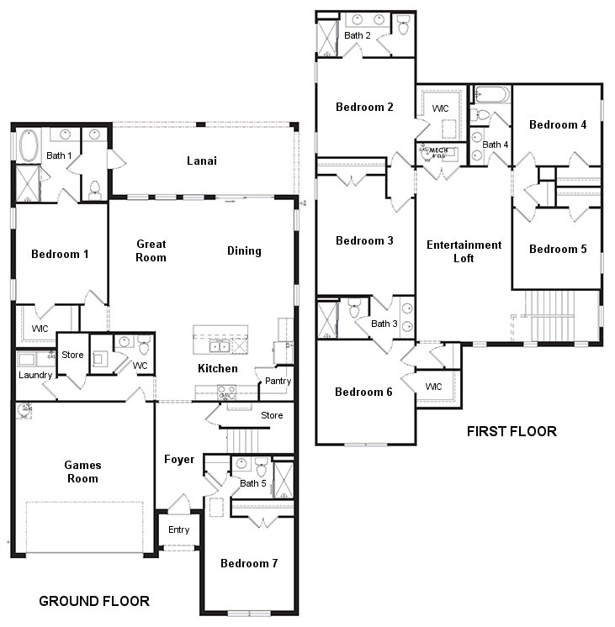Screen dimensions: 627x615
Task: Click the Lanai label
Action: point(203,161)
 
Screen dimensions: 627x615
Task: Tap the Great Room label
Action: point(151,250)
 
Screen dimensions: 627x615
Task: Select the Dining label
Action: point(244,250)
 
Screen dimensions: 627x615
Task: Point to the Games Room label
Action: point(82,471)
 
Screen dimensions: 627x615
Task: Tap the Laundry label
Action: point(36,375)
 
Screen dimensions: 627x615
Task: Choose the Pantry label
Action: point(277,381)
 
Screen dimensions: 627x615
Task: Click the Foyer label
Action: point(179,459)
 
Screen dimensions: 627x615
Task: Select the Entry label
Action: point(178,530)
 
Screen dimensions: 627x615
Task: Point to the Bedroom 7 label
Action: point(249,563)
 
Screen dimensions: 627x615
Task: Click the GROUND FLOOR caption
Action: point(94,601)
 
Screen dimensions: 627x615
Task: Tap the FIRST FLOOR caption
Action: point(512,432)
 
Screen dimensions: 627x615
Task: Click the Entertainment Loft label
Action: point(464,251)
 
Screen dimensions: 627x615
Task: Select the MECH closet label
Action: point(437,151)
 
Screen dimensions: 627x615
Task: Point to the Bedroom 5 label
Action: point(558,249)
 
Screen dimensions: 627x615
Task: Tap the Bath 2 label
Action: point(357,35)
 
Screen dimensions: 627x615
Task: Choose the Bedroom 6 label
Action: point(363,392)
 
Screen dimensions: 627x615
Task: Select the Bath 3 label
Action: point(384,324)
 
